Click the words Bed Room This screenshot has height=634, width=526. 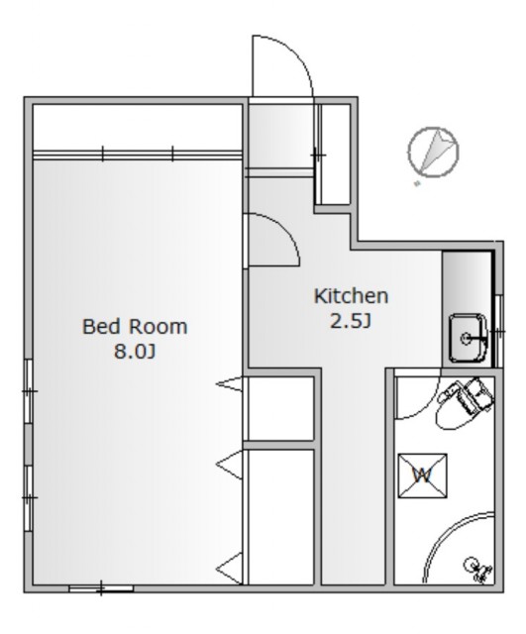pyautogui.click(x=135, y=326)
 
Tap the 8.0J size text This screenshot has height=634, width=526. pyautogui.click(x=135, y=351)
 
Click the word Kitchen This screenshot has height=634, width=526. pyautogui.click(x=351, y=296)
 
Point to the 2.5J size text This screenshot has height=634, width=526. pyautogui.click(x=351, y=321)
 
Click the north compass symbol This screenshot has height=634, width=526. pyautogui.click(x=434, y=152)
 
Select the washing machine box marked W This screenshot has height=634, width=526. pyautogui.click(x=423, y=475)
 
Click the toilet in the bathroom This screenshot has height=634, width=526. pyautogui.click(x=465, y=403)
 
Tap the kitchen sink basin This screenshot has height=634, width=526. pyautogui.click(x=468, y=338)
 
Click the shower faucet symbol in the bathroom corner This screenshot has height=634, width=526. pyautogui.click(x=478, y=570)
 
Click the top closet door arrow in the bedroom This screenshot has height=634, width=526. pyautogui.click(x=230, y=383)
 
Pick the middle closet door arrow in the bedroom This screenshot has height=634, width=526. pyautogui.click(x=230, y=465)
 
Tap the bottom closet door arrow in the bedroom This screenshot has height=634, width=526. pyautogui.click(x=230, y=568)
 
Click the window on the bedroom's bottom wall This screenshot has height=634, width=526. pyautogui.click(x=101, y=588)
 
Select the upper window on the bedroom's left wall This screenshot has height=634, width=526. pyautogui.click(x=29, y=391)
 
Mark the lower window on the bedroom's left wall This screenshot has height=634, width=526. pyautogui.click(x=29, y=497)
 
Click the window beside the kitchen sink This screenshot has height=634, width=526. pyautogui.click(x=499, y=331)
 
